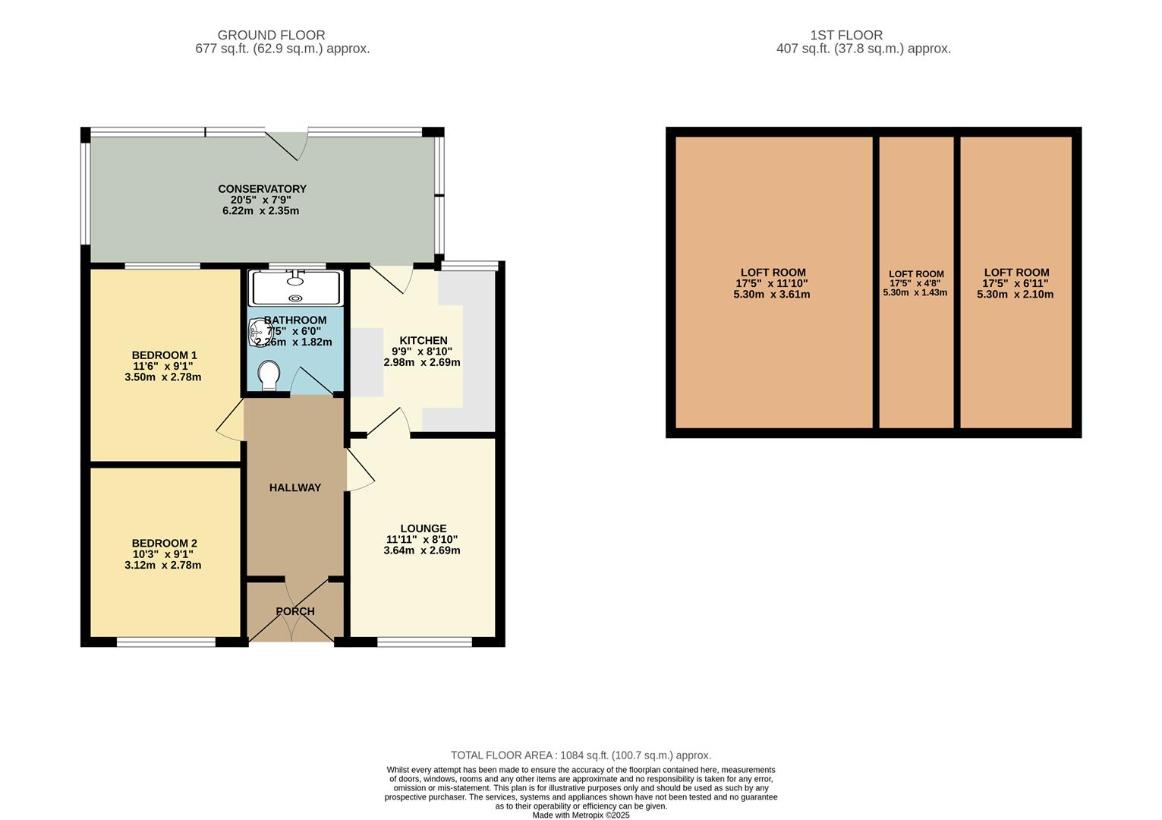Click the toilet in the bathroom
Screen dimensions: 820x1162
pyautogui.click(x=269, y=375)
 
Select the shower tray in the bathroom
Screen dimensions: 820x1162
pyautogui.click(x=297, y=288)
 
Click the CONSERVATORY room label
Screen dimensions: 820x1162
pyautogui.click(x=262, y=189)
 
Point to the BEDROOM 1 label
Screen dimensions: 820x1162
pyautogui.click(x=164, y=355)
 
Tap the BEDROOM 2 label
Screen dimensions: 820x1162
pyautogui.click(x=164, y=544)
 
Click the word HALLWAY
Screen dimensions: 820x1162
pyautogui.click(x=294, y=487)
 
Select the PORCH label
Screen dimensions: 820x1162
pyautogui.click(x=294, y=611)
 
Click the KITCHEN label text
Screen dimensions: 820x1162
pyautogui.click(x=423, y=341)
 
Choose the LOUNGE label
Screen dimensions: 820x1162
pyautogui.click(x=423, y=528)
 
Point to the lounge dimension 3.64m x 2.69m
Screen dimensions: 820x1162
pyautogui.click(x=422, y=550)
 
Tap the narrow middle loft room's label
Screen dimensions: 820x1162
pyautogui.click(x=916, y=274)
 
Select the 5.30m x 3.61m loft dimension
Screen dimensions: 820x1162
pyautogui.click(x=771, y=295)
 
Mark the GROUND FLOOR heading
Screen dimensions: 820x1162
pyautogui.click(x=271, y=35)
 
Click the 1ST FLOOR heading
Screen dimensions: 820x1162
pyautogui.click(x=846, y=35)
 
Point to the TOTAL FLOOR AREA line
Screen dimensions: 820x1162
pyautogui.click(x=581, y=755)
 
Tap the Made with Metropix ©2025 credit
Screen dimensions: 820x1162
pyautogui.click(x=581, y=815)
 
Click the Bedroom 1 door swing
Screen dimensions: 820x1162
pyautogui.click(x=230, y=422)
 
